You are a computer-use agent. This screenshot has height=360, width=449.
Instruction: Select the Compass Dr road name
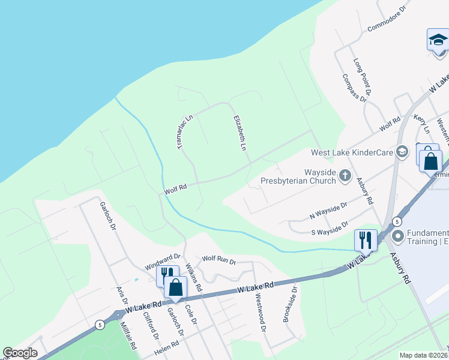pos(354,88)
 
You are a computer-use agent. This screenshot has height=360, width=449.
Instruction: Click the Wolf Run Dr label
pos(219,260)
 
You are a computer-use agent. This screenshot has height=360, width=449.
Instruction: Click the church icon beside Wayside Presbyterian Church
pos(345,176)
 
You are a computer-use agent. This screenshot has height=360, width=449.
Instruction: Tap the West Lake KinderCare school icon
pos(403,152)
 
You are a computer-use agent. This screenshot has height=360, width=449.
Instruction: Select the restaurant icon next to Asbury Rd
pos(365,240)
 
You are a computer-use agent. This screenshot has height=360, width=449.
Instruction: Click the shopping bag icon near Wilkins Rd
pos(175,287)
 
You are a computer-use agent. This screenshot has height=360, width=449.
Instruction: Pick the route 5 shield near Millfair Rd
pos(99,325)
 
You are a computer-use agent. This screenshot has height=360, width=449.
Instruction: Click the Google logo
pos(20,353)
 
